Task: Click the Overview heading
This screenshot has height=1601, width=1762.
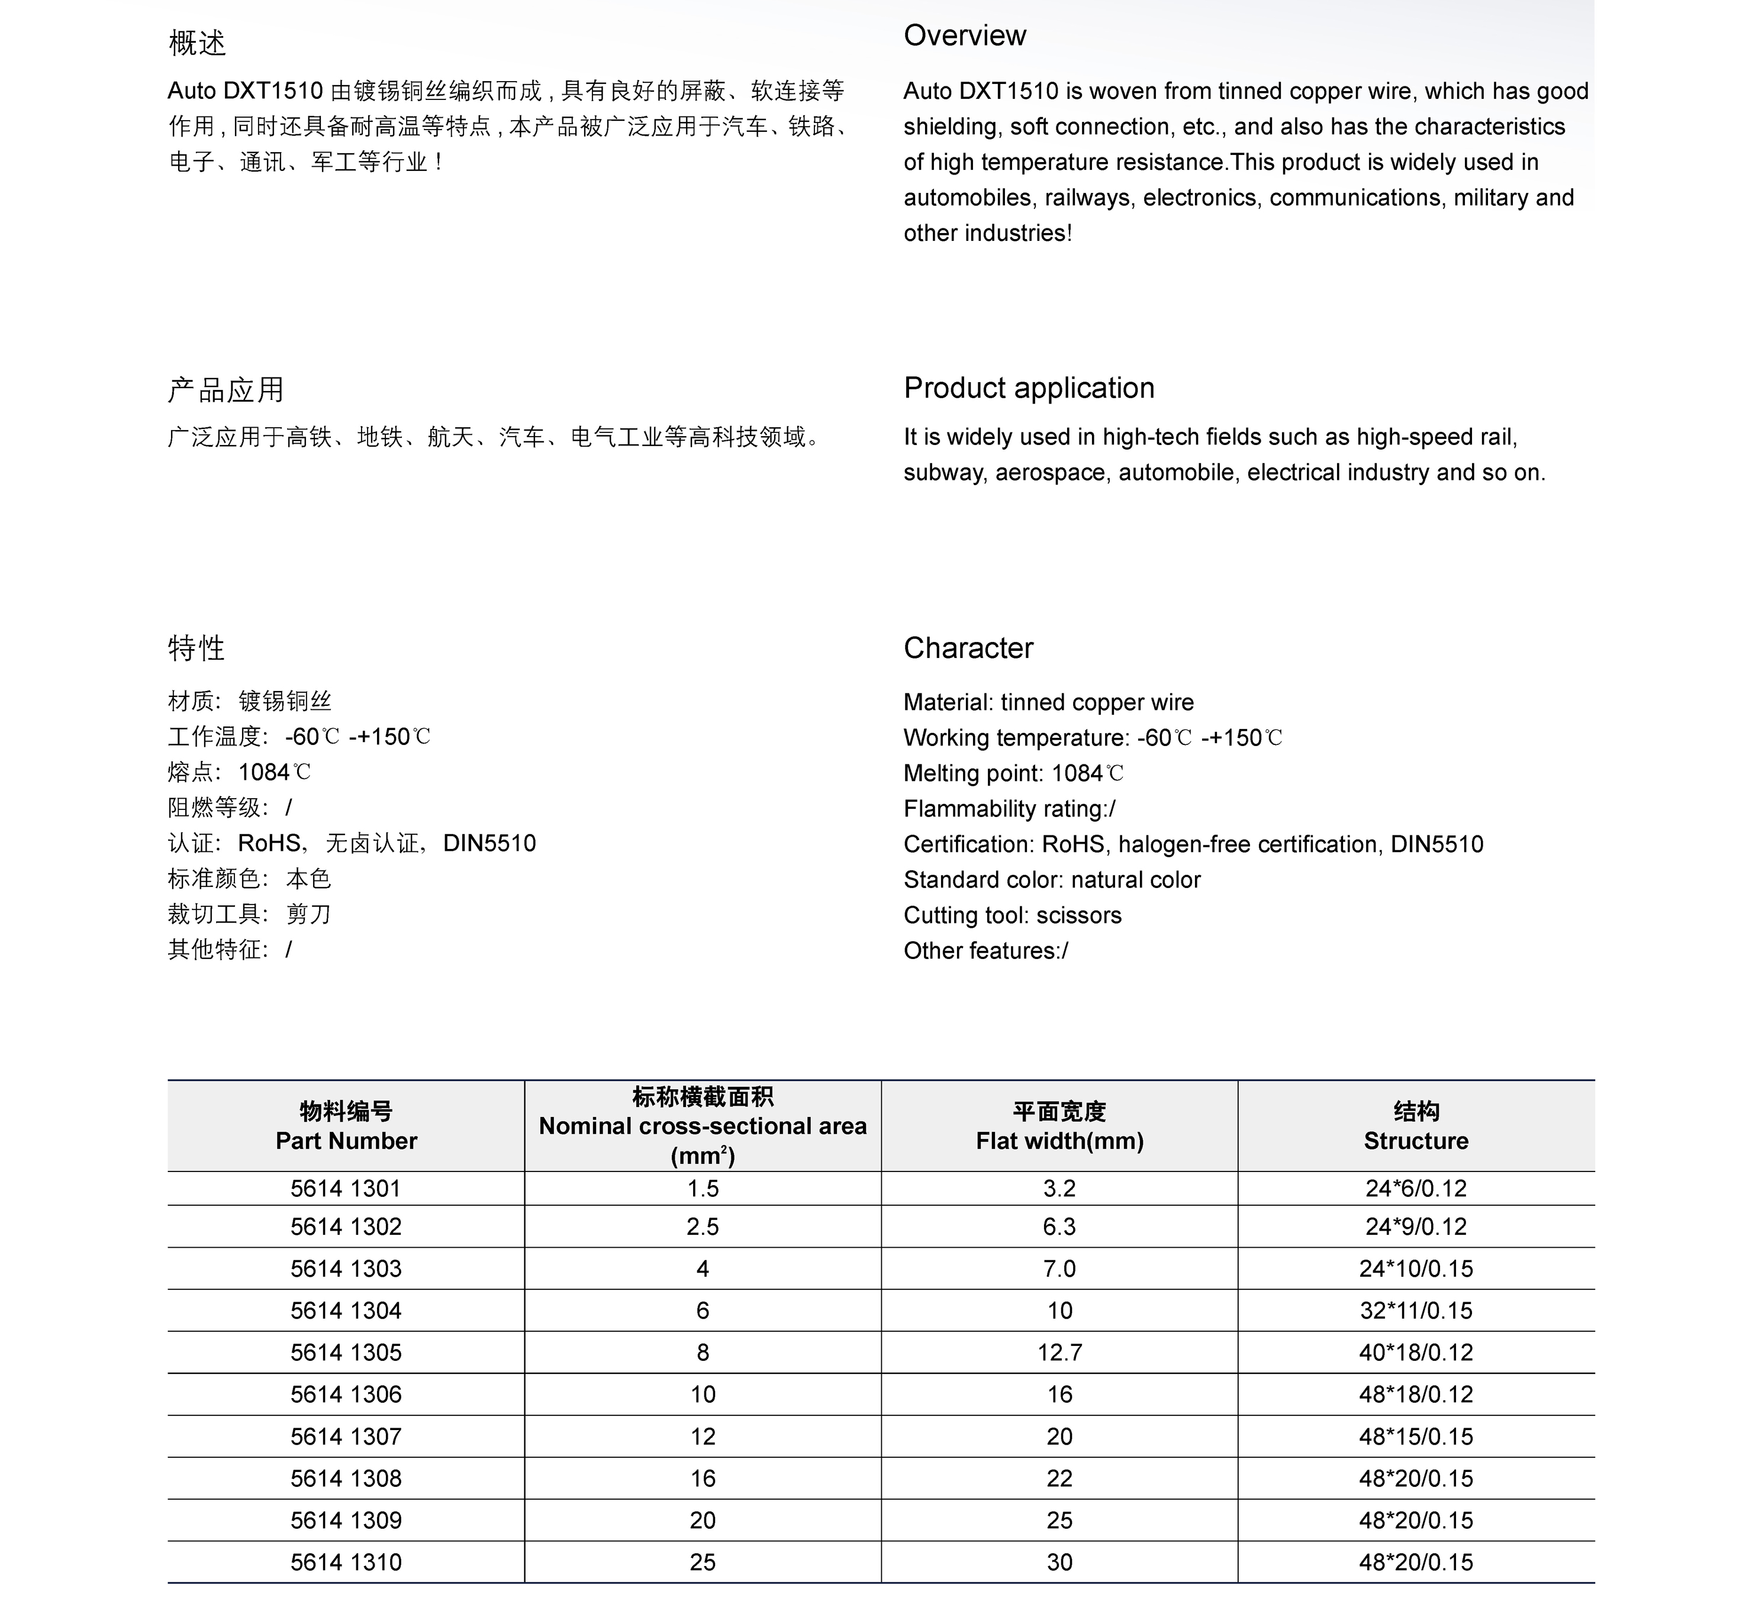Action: coord(964,36)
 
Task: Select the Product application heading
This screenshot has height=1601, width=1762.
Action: coord(1029,388)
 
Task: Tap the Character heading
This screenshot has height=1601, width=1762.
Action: coord(968,648)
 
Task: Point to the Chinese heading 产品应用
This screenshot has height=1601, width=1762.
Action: coord(226,390)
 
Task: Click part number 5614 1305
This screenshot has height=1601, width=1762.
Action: coord(346,1353)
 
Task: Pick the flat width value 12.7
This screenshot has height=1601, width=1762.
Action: coord(1059,1353)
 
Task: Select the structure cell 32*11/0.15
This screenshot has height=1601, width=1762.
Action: coord(1416,1311)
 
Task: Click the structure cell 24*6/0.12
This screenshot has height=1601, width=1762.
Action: coord(1416,1189)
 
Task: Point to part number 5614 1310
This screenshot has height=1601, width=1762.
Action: coord(346,1563)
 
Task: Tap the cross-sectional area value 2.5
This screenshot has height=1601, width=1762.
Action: coord(703,1227)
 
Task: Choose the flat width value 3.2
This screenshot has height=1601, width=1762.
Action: coord(1059,1189)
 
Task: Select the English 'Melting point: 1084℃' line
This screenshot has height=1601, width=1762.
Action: coord(1013,773)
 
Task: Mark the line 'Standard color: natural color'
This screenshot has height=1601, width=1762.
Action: coord(1051,880)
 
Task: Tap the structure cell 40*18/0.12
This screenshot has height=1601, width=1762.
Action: coord(1416,1353)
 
